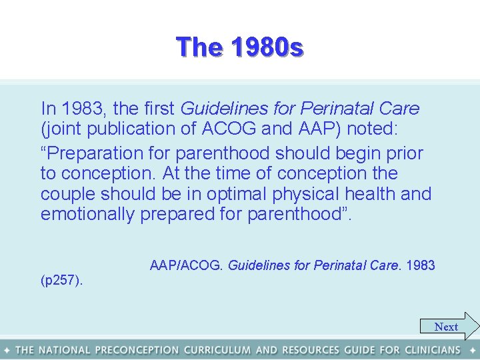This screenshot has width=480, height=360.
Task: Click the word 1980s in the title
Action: coord(267,47)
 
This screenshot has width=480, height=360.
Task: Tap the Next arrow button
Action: coord(449,327)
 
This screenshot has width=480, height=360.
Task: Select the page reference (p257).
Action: coord(62,281)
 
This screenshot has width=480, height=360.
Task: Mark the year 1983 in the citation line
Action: coord(420,265)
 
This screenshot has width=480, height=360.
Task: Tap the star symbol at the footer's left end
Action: coord(7,350)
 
